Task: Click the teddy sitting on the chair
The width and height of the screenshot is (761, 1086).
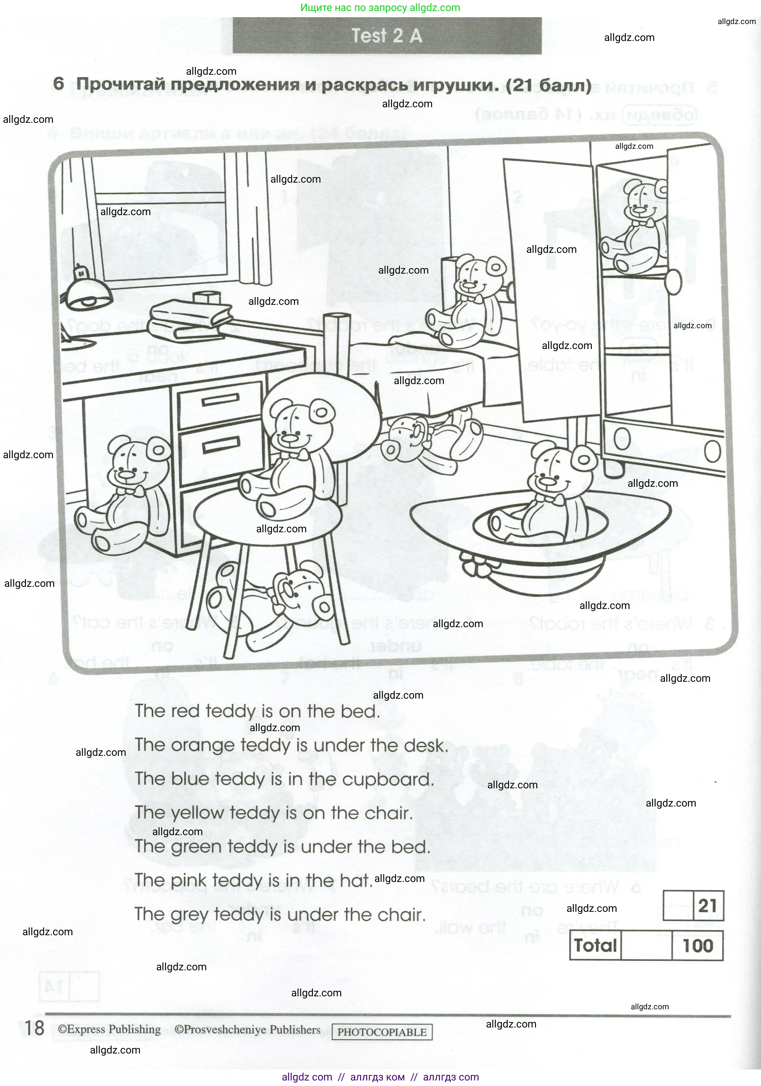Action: coord(288,454)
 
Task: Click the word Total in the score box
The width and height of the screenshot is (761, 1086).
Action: coord(595,946)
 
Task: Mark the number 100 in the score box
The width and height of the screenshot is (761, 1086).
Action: coord(698,946)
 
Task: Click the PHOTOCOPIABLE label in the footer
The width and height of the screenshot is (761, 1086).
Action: coord(382,1032)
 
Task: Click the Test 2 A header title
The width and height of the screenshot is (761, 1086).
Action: coord(387,36)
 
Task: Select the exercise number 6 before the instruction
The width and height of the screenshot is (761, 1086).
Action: coord(59,84)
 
